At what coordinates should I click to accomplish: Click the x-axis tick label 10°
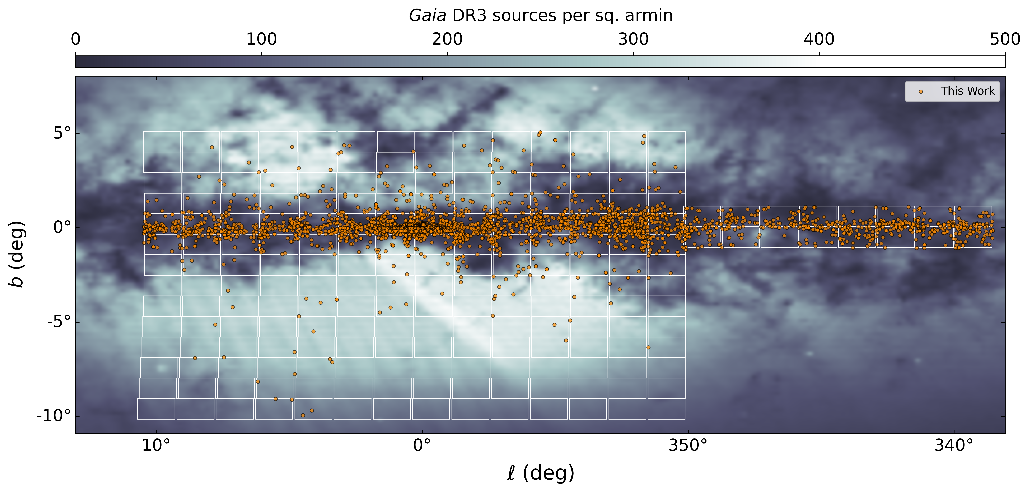pos(156,445)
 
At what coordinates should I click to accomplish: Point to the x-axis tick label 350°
pos(688,445)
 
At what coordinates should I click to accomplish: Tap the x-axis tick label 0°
pos(422,445)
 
